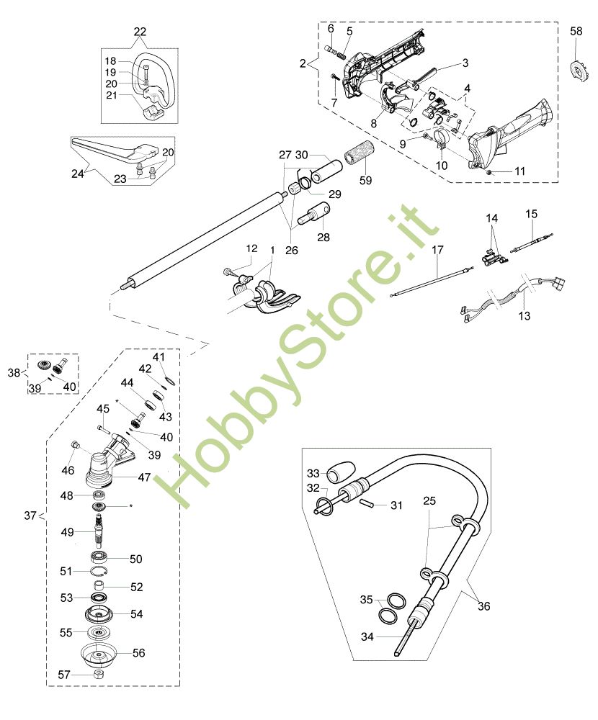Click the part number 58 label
(576, 31)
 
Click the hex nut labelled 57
(97, 674)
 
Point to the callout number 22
(140, 32)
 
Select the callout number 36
(483, 606)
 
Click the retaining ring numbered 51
(99, 571)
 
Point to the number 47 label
(144, 477)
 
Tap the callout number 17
(437, 250)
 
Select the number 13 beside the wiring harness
(524, 316)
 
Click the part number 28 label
(323, 237)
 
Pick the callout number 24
(77, 174)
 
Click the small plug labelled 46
(76, 444)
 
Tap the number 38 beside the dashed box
(14, 372)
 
